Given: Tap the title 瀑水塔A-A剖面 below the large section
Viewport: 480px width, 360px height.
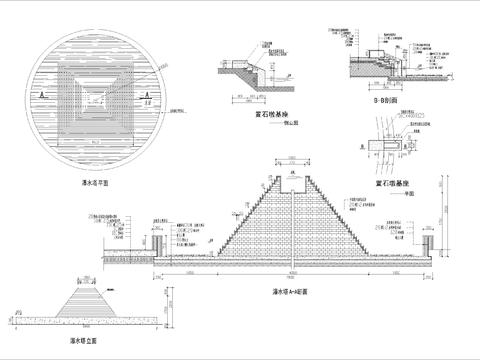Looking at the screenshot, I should (x=290, y=293).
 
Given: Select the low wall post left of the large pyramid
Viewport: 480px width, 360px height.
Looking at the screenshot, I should (x=157, y=246).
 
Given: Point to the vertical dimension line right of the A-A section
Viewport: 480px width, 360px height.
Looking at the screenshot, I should (x=448, y=215).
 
